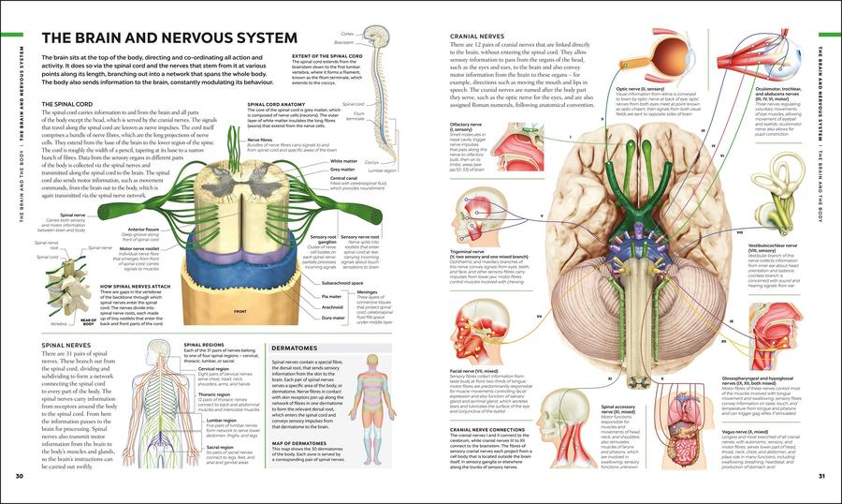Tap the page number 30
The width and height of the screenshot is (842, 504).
click(19, 478)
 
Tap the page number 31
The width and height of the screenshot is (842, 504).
click(821, 478)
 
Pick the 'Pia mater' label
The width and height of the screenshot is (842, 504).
click(329, 295)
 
